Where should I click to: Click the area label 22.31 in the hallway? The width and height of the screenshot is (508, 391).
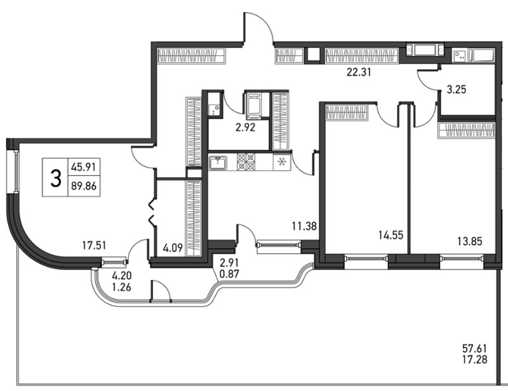pyautogui.click(x=359, y=72)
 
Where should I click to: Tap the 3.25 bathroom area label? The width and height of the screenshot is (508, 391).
pyautogui.click(x=457, y=89)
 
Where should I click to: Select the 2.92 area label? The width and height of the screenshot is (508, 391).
pyautogui.click(x=245, y=128)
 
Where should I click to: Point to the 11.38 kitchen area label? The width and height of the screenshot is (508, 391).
pyautogui.click(x=304, y=226)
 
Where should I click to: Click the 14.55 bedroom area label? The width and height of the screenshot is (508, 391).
pyautogui.click(x=391, y=235)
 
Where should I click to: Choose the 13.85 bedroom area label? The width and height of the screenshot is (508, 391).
pyautogui.click(x=470, y=241)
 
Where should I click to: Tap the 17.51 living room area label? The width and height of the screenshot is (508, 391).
pyautogui.click(x=94, y=246)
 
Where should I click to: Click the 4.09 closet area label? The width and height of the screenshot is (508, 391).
pyautogui.click(x=173, y=248)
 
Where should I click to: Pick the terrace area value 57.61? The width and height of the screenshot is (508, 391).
pyautogui.click(x=474, y=349)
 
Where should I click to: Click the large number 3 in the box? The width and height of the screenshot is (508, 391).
pyautogui.click(x=56, y=178)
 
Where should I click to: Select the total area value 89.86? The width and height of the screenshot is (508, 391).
pyautogui.click(x=84, y=186)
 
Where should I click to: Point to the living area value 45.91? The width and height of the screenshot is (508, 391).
pyautogui.click(x=84, y=168)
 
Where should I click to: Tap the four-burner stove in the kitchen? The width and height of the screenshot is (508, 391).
pyautogui.click(x=246, y=162)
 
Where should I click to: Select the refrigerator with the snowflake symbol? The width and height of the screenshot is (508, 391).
pyautogui.click(x=282, y=162)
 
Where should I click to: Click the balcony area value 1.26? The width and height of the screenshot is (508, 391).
pyautogui.click(x=121, y=287)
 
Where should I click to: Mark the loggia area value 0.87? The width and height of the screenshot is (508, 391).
pyautogui.click(x=229, y=274)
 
